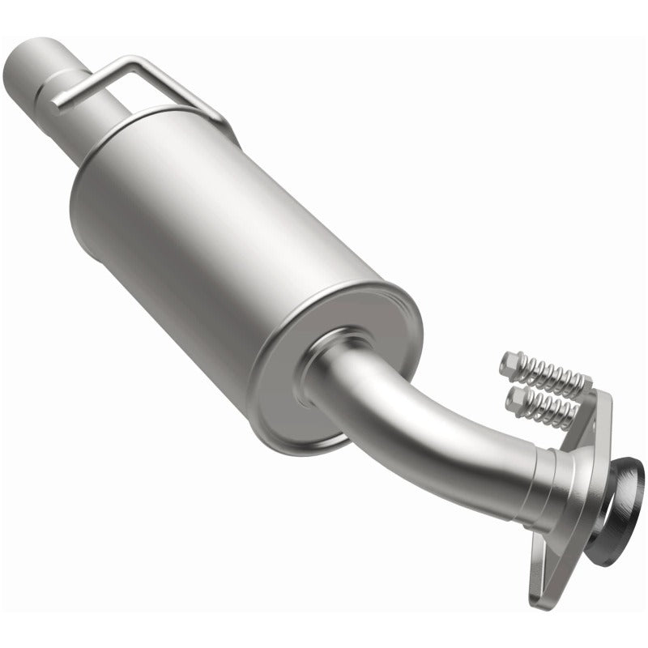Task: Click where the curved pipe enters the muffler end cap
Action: [x=324, y=364]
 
